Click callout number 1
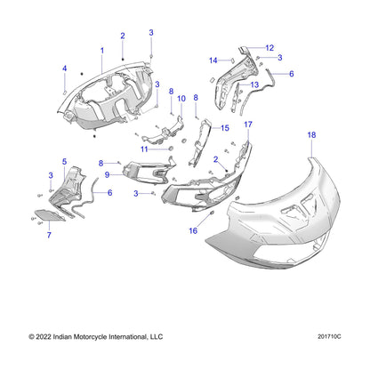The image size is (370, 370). [102, 51]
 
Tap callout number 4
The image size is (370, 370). [64, 68]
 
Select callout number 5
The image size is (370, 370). [64, 162]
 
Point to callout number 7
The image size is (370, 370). [49, 235]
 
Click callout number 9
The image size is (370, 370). [107, 175]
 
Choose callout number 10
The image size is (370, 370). [181, 99]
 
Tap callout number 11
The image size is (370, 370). [144, 149]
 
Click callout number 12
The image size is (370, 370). [269, 48]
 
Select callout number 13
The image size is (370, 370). [254, 85]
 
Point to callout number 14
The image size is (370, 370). [213, 60]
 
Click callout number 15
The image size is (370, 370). [225, 128]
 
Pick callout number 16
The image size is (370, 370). [193, 230]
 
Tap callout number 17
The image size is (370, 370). [248, 125]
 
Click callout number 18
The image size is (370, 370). [311, 135]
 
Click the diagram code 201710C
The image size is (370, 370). [329, 337]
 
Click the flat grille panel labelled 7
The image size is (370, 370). [49, 215]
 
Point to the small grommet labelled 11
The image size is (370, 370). [171, 149]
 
